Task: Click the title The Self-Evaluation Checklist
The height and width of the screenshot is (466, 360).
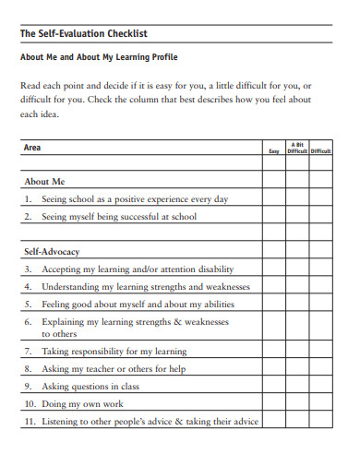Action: pyautogui.click(x=83, y=34)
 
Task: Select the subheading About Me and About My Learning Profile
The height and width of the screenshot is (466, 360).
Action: pyautogui.click(x=100, y=57)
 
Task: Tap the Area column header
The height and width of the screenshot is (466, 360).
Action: pyautogui.click(x=32, y=148)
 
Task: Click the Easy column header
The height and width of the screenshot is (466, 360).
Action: pyautogui.click(x=273, y=151)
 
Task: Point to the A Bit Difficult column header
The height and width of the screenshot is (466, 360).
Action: pyautogui.click(x=297, y=148)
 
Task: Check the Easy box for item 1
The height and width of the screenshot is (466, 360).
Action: pyautogui.click(x=273, y=199)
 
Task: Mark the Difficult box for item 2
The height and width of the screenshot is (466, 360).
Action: pyautogui.click(x=321, y=217)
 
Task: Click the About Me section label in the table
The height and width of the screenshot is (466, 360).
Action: pyautogui.click(x=44, y=182)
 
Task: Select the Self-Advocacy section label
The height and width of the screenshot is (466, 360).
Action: pyautogui.click(x=52, y=251)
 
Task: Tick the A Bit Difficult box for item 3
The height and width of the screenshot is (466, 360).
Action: pyautogui.click(x=297, y=269)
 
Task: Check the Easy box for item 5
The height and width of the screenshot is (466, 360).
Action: pyautogui.click(x=273, y=304)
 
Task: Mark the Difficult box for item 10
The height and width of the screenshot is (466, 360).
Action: pyautogui.click(x=321, y=403)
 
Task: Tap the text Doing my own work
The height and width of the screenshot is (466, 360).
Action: pyautogui.click(x=84, y=403)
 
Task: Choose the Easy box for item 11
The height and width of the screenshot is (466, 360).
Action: pyautogui.click(x=273, y=421)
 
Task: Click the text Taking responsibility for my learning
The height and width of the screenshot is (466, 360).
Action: pyautogui.click(x=114, y=352)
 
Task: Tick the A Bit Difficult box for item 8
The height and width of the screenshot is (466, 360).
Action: pyautogui.click(x=297, y=369)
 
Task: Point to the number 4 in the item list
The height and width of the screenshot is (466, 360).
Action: pyautogui.click(x=29, y=287)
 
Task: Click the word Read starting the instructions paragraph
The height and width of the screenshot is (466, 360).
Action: pyautogui.click(x=30, y=84)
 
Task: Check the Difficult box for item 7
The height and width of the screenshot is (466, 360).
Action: pyautogui.click(x=321, y=352)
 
